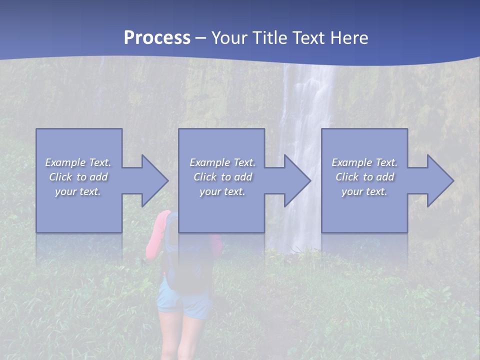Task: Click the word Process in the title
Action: pos(157,38)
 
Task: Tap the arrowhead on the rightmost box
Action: pos(438,180)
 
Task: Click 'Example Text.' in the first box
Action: pos(78,162)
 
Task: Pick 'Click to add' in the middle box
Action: pos(222,177)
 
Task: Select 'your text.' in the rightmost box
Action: pos(364,191)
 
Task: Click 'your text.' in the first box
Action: pos(78,191)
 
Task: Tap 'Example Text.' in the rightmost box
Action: pos(364,162)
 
